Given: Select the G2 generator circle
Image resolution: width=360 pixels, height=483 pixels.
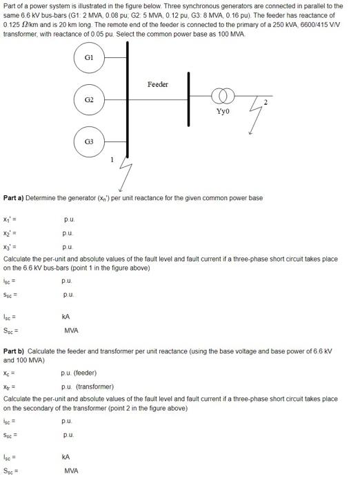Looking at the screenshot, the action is click(x=88, y=99).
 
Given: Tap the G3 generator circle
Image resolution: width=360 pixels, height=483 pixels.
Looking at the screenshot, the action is click(x=88, y=141).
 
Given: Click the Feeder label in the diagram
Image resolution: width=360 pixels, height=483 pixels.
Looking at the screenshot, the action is click(x=158, y=84).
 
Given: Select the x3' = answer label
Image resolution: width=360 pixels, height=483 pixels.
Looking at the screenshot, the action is click(x=10, y=246).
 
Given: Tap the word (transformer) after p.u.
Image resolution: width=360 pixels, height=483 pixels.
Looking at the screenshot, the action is click(x=95, y=387).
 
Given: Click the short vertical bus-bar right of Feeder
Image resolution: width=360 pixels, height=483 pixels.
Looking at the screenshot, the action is click(x=188, y=101).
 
